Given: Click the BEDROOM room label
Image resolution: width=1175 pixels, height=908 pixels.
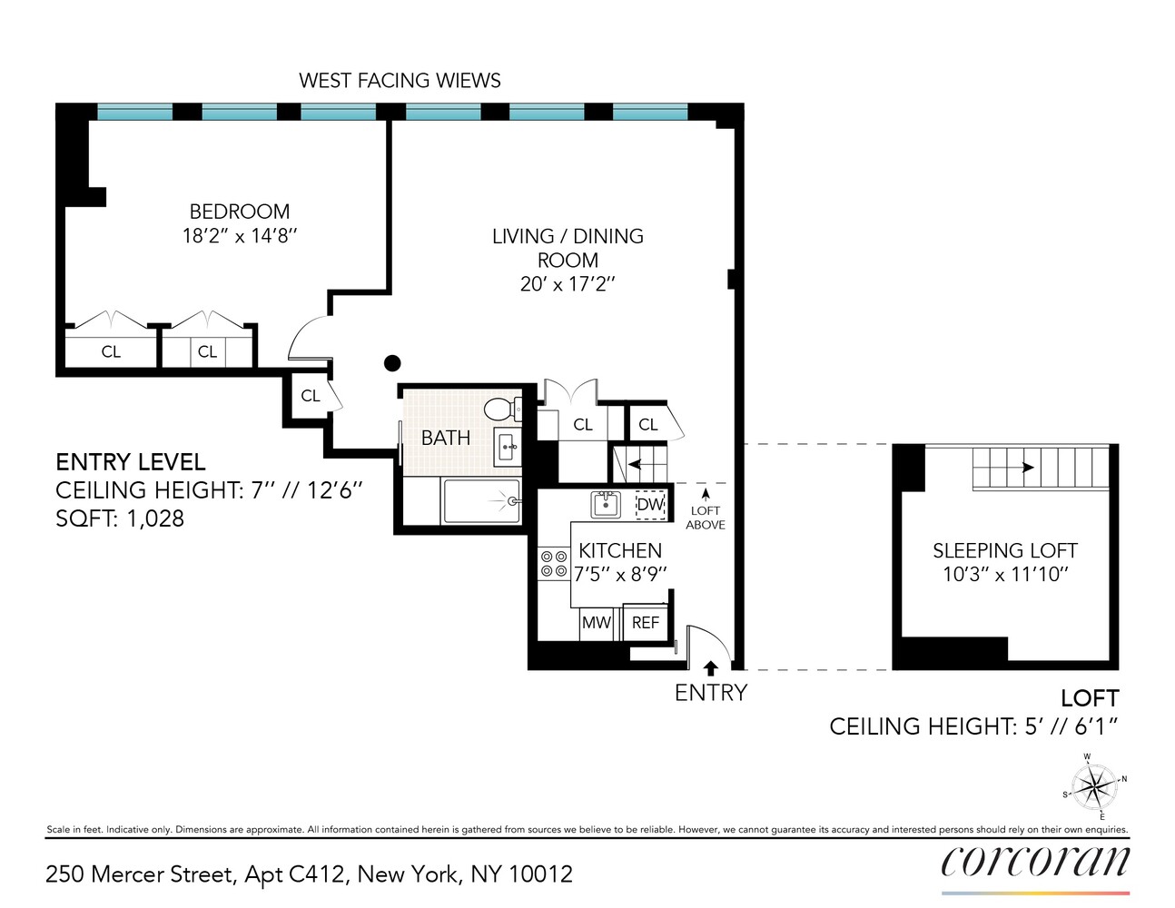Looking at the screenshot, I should tap(240, 212).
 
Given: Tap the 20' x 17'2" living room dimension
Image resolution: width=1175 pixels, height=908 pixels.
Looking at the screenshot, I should tap(568, 283).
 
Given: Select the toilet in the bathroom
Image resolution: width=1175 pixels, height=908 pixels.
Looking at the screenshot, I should tap(501, 409).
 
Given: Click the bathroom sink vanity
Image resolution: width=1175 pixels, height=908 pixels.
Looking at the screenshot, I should tap(508, 447).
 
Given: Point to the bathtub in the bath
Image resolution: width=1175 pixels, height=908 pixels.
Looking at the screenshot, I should tap(481, 501).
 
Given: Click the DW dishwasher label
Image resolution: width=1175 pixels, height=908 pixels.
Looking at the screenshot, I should tap(650, 504).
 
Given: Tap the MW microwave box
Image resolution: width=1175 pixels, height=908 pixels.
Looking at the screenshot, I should tap(596, 623).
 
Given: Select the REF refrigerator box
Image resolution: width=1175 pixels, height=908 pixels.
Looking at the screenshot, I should tap(646, 623).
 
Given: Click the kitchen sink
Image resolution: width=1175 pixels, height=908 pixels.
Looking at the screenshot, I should tap(606, 503).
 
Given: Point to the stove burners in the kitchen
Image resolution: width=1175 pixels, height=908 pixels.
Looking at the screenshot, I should tap(554, 564).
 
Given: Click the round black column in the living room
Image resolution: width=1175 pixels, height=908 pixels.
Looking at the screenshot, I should tap(392, 363).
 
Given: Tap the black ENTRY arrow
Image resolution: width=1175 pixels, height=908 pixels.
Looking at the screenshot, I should tap(711, 669).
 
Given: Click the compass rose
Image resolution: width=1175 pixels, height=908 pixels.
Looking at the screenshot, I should tap(1095, 785).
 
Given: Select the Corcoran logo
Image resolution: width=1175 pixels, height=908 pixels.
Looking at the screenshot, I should tap(1035, 862).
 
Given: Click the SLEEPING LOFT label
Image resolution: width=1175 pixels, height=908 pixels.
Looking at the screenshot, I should tap(1004, 551).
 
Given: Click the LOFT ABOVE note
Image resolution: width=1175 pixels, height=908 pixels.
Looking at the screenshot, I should tap(706, 518).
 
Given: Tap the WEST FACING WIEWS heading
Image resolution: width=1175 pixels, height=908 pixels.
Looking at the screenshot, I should tap(400, 81).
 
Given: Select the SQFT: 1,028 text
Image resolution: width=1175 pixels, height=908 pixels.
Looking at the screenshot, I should tap(120, 518).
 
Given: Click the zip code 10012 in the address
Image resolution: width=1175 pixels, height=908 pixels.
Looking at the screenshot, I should tap(540, 874).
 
